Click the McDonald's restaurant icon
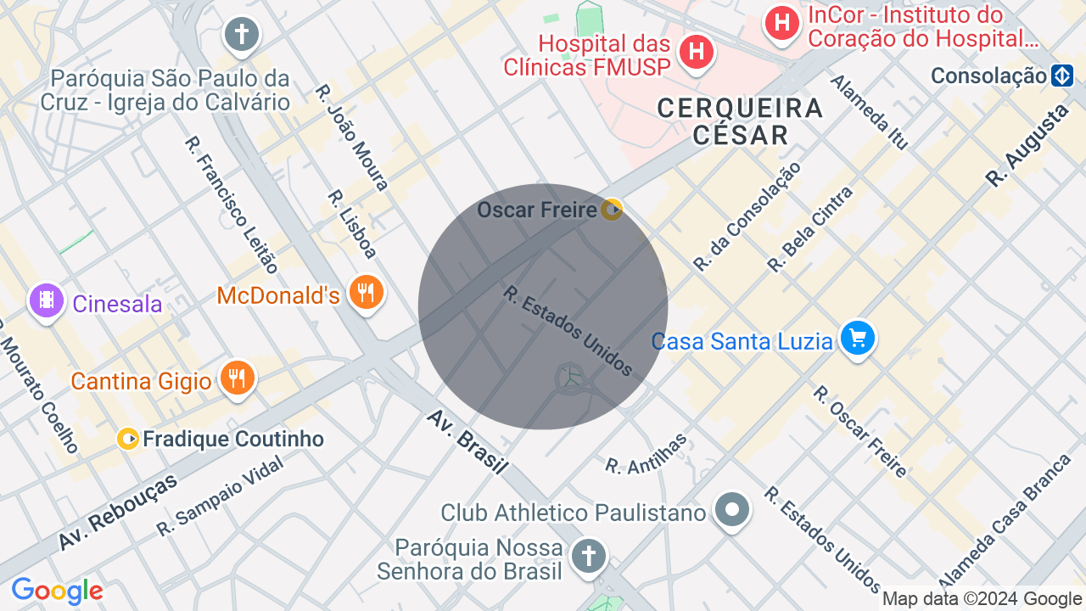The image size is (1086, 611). pyautogui.click(x=366, y=293)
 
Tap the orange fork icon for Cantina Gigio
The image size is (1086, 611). pyautogui.click(x=238, y=378)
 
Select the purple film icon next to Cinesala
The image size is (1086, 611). pyautogui.click(x=47, y=300)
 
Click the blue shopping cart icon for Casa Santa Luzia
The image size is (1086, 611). pyautogui.click(x=857, y=339)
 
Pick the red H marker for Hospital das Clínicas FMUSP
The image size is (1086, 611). pyautogui.click(x=696, y=52)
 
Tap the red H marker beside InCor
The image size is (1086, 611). pyautogui.click(x=781, y=22)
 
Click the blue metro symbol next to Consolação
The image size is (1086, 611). pyautogui.click(x=1062, y=76)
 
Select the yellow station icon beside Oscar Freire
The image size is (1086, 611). pyautogui.click(x=611, y=209)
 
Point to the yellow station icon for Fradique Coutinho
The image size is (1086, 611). pyautogui.click(x=128, y=439)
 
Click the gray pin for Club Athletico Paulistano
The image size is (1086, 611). pyautogui.click(x=731, y=510)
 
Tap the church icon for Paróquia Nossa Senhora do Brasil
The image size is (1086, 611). pyautogui.click(x=587, y=557)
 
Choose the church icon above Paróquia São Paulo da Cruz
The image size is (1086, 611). pyautogui.click(x=242, y=35)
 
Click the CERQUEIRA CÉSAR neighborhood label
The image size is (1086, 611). pyautogui.click(x=740, y=121)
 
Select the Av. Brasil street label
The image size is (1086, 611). pyautogui.click(x=467, y=441)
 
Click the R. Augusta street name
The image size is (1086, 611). pyautogui.click(x=1027, y=145)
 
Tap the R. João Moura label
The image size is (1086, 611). pyautogui.click(x=351, y=137)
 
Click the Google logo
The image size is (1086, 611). pyautogui.click(x=57, y=591)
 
